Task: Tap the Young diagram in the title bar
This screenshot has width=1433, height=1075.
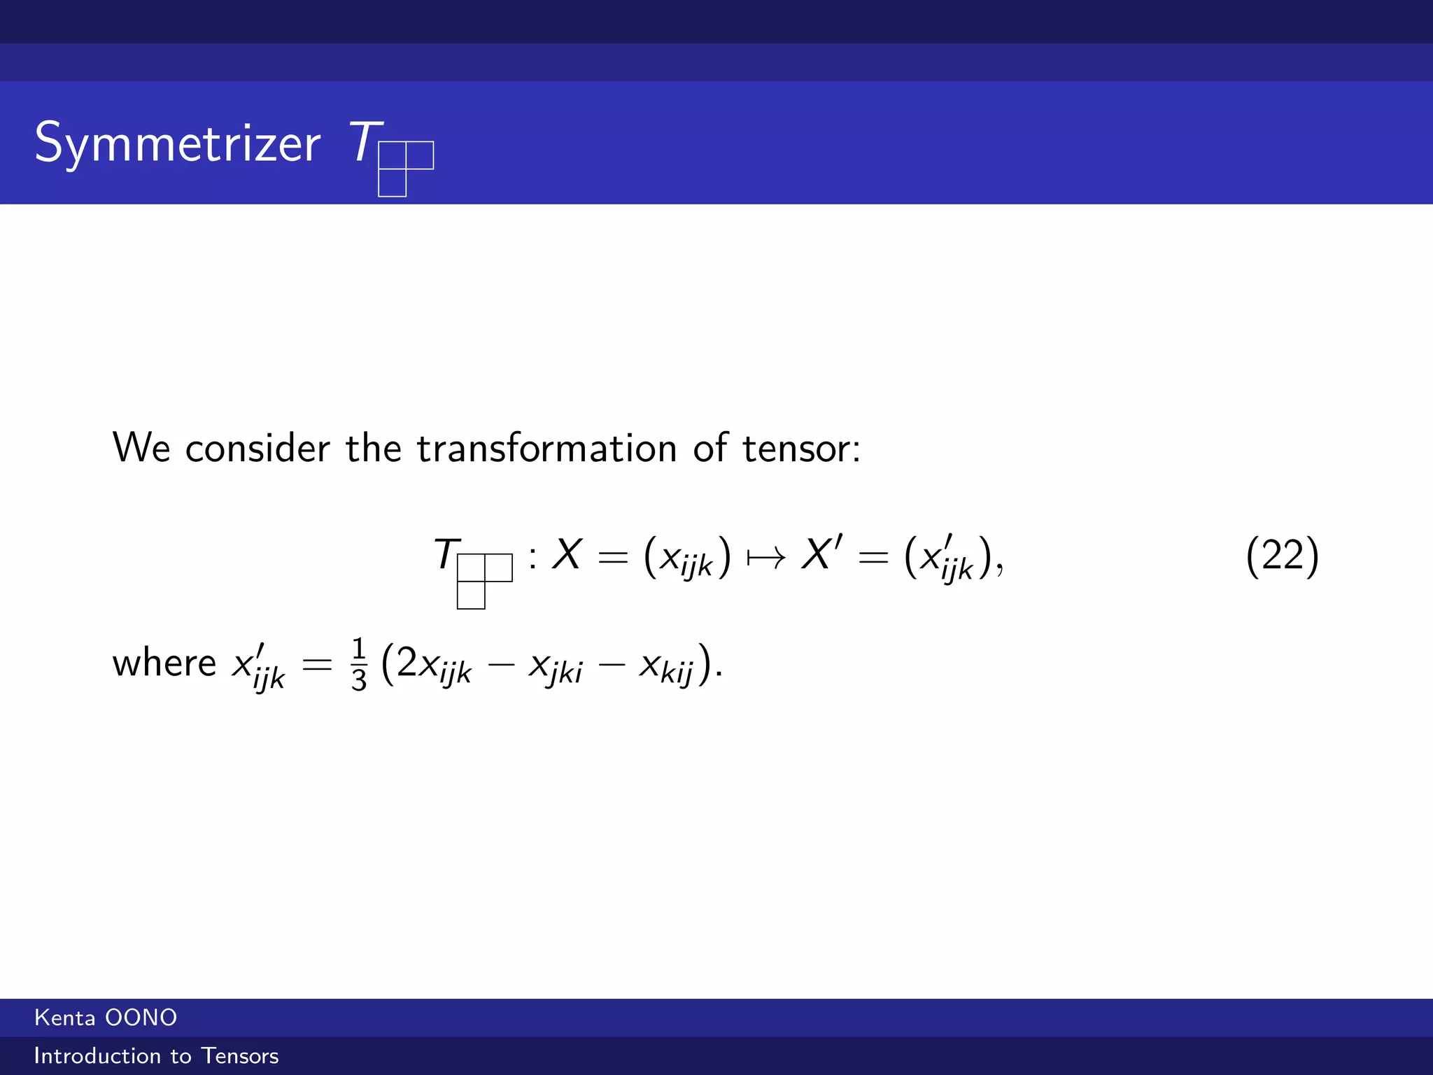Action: (405, 168)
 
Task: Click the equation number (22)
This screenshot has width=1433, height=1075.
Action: (1282, 556)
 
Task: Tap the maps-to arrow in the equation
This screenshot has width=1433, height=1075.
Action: (766, 558)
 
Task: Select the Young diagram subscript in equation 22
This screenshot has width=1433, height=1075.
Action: (484, 580)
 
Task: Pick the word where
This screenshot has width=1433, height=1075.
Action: (164, 663)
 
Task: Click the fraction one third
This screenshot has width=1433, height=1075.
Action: (359, 664)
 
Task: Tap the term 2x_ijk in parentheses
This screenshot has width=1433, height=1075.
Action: (434, 665)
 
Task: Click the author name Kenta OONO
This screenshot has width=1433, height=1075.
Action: (106, 1018)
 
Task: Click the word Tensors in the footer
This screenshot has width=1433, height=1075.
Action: (240, 1055)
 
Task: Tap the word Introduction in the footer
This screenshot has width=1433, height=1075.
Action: (98, 1055)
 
